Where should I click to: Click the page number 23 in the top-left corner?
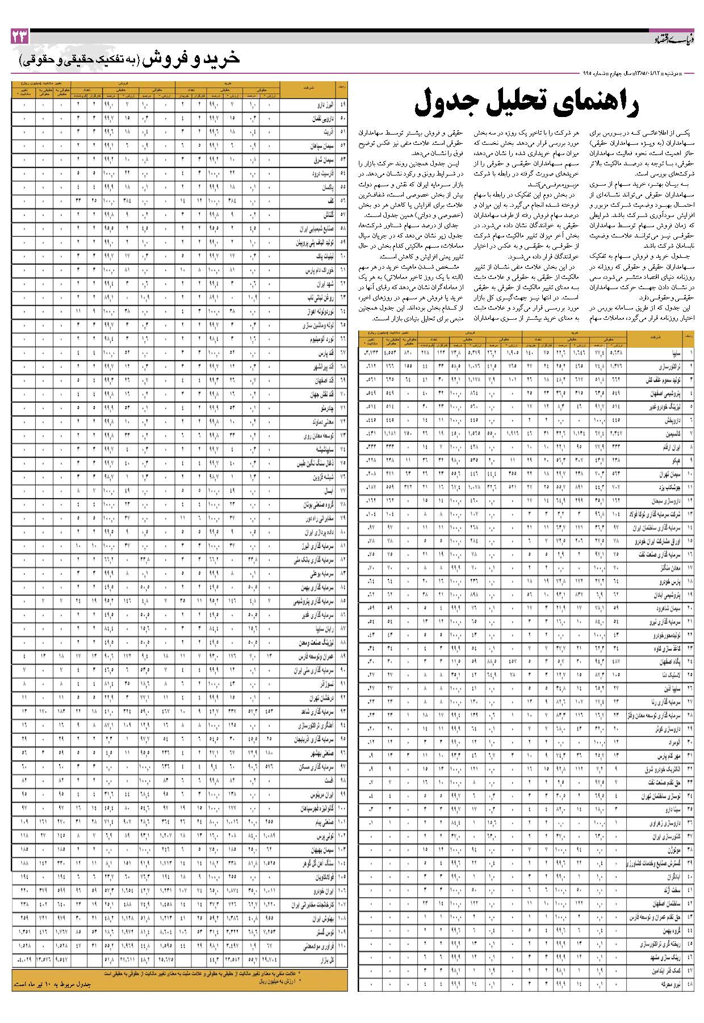[x=20, y=37]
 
